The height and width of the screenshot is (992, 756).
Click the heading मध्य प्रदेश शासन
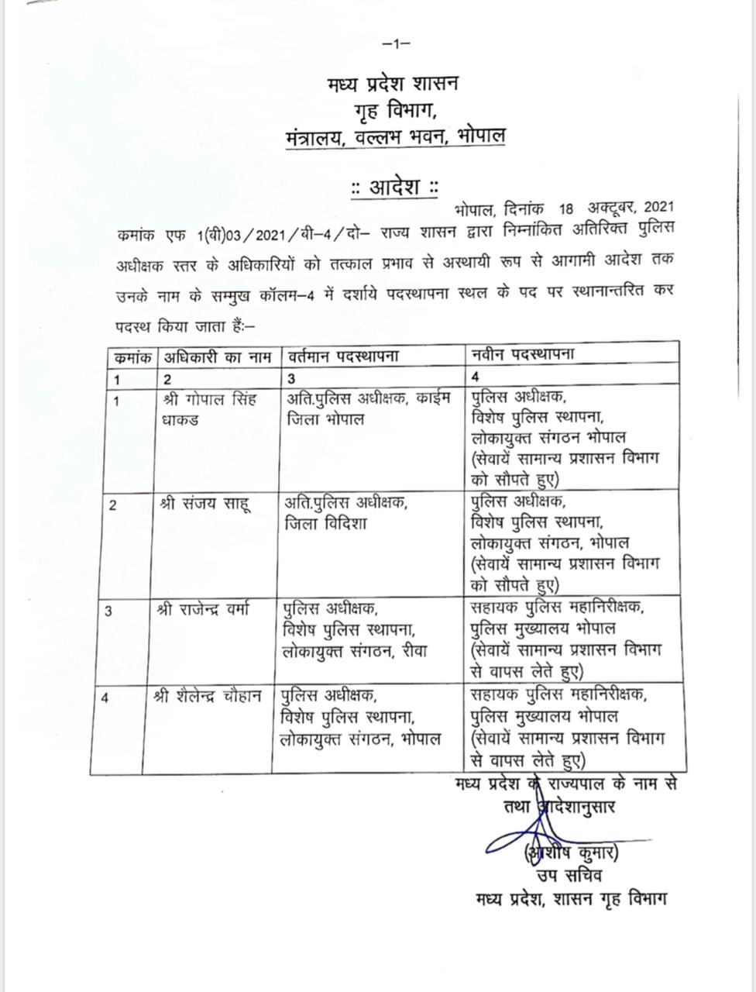click(x=393, y=82)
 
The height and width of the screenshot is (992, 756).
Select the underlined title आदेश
click(x=394, y=188)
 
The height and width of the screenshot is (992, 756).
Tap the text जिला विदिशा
click(x=326, y=525)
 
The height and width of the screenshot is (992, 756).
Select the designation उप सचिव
click(x=569, y=877)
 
